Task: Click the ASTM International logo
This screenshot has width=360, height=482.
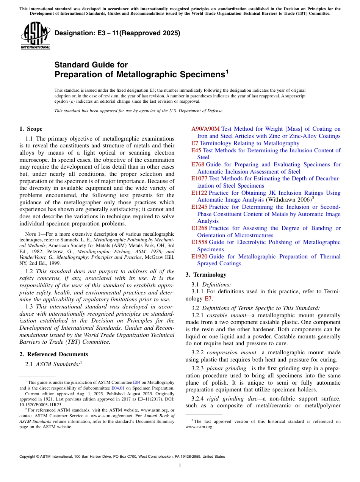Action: (36, 36)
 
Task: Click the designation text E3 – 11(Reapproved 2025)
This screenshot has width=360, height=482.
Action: (117, 33)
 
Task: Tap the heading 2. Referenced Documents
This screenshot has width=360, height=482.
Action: (54, 354)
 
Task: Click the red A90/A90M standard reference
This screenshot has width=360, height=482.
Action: (205, 129)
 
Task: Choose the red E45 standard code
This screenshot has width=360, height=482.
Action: (196, 150)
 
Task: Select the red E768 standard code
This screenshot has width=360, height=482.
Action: (197, 164)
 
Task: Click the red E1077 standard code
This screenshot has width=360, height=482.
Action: (199, 178)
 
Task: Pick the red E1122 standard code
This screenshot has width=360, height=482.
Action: (199, 193)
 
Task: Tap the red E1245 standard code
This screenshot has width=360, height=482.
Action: (199, 207)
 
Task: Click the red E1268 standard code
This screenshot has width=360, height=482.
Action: (199, 228)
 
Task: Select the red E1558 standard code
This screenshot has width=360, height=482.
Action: (199, 242)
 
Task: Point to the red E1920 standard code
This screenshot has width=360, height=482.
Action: (199, 257)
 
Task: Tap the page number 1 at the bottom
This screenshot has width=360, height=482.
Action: (180, 466)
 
